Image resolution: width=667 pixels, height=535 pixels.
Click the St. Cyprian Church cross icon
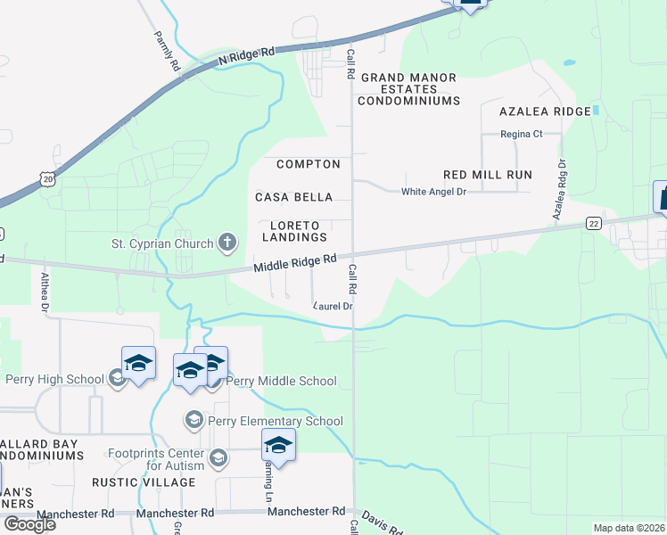click(227, 243)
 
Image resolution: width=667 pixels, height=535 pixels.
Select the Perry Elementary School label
click(275, 421)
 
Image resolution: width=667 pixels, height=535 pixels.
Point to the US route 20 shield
click(47, 179)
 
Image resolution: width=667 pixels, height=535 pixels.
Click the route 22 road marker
click(592, 223)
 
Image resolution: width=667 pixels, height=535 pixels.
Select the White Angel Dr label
click(433, 192)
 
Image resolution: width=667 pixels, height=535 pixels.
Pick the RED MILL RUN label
click(488, 175)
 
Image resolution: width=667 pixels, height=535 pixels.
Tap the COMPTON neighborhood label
click(309, 164)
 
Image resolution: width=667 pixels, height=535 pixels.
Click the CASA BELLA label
click(293, 197)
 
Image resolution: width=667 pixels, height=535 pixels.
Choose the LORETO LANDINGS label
click(294, 231)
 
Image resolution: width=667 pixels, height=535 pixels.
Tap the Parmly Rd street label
click(166, 53)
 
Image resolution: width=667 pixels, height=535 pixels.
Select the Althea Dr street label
click(43, 291)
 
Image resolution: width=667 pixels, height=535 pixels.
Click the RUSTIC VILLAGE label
click(144, 482)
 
